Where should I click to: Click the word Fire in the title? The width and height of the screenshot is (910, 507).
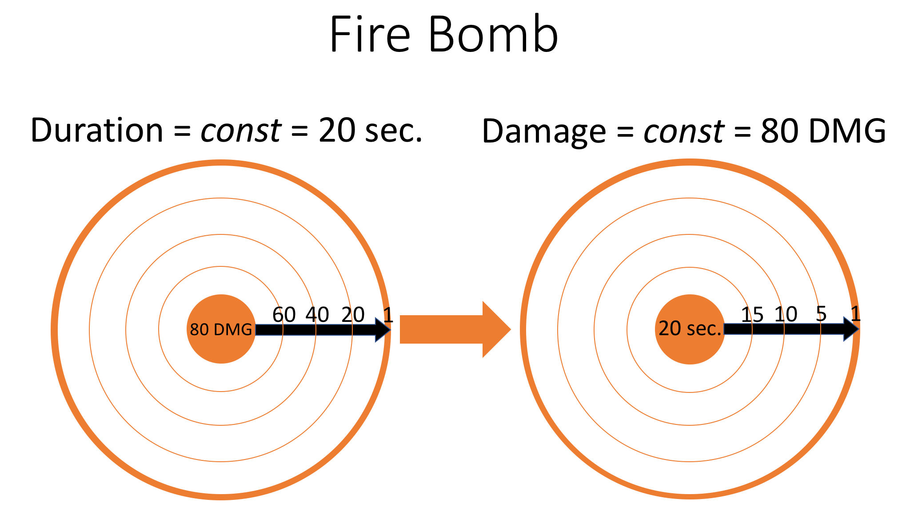tap(370, 35)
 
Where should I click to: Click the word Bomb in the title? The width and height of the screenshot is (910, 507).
tap(493, 35)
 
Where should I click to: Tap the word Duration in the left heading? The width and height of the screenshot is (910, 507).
tap(97, 131)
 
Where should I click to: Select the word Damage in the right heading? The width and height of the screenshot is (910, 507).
tap(543, 132)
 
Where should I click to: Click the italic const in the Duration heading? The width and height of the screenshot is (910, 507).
tap(240, 131)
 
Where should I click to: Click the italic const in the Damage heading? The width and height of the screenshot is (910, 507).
tap(683, 132)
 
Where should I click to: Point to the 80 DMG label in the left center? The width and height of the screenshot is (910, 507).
tap(221, 329)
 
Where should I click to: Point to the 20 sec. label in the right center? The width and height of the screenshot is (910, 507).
tap(690, 329)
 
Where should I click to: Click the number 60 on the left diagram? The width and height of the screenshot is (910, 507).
tap(284, 315)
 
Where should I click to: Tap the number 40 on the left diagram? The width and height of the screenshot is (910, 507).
tap(317, 315)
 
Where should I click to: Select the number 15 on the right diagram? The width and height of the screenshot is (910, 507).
tap(752, 315)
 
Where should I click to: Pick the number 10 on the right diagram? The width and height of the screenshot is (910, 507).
tap(786, 315)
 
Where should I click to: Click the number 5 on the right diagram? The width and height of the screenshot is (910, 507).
tap(821, 314)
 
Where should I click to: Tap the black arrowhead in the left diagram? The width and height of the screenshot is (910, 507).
tap(382, 330)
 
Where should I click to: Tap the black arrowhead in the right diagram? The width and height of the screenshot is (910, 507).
tap(850, 329)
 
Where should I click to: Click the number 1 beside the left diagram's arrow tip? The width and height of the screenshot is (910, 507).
tap(388, 315)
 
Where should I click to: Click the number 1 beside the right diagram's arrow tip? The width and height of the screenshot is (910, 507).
tap(855, 314)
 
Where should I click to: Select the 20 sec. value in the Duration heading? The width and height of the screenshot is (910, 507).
tap(370, 131)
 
